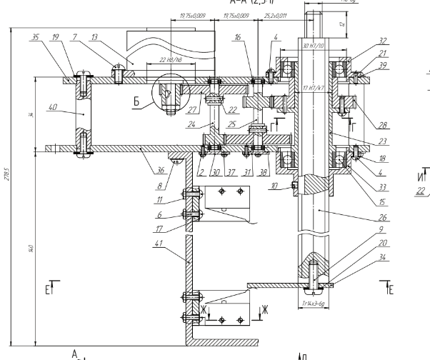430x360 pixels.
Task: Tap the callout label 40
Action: (53, 109)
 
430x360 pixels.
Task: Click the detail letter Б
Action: (137, 104)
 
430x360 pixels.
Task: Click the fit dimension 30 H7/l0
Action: (314, 46)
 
